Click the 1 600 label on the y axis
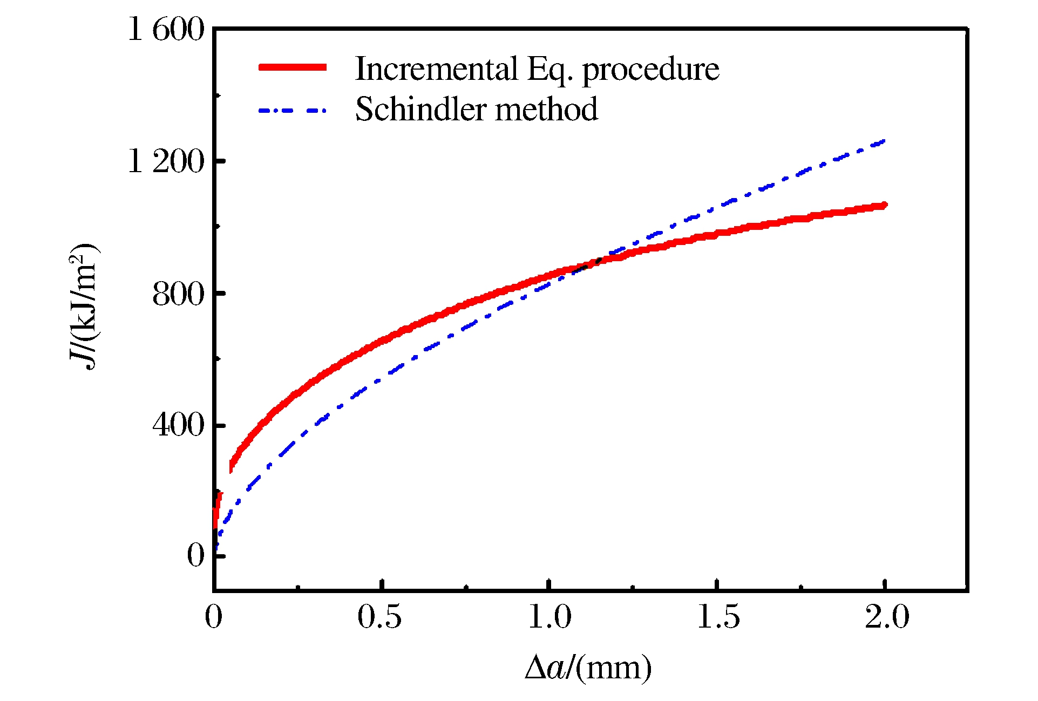point(166,29)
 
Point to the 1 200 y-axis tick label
point(166,161)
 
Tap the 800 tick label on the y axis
point(178,294)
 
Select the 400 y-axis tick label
point(178,425)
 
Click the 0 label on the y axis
point(195,555)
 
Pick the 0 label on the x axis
point(214,617)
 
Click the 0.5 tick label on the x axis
point(379,617)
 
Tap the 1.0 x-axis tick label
point(549,617)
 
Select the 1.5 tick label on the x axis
point(718,617)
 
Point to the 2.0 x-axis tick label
point(887,617)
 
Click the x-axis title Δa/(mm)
point(588,668)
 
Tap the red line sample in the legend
point(293,67)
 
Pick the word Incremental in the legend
point(436,69)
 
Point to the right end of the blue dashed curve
point(883,141)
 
